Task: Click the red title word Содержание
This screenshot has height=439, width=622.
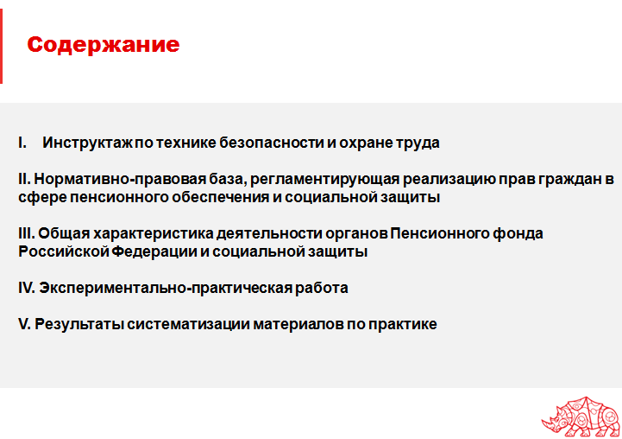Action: [104, 45]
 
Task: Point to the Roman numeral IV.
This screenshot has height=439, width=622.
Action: [26, 288]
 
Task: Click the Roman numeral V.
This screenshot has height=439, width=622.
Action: [24, 325]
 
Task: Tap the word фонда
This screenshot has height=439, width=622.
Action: [523, 233]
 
